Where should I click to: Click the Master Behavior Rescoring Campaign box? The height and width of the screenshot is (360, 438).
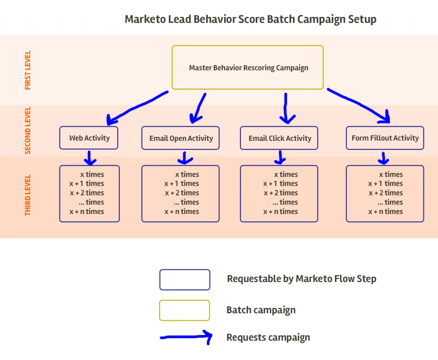[248, 68]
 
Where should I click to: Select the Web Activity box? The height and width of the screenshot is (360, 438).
[89, 138]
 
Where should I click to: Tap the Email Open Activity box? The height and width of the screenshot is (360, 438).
[181, 138]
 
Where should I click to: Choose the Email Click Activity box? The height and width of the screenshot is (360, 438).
[279, 138]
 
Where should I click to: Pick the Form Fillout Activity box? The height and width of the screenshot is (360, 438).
[385, 138]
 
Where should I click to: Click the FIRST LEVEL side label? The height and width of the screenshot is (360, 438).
[28, 70]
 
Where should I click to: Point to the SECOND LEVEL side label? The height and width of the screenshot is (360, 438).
[28, 130]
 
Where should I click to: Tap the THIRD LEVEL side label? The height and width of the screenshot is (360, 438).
[28, 195]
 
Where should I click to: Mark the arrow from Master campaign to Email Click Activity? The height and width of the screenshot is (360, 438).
[285, 107]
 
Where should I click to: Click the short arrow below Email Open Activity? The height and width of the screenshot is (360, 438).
[184, 158]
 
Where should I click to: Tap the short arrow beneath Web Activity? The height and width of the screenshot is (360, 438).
[89, 158]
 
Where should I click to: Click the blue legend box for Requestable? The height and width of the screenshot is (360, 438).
[185, 280]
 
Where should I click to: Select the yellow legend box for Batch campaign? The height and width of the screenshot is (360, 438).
[185, 310]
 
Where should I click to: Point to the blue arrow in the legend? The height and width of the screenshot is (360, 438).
[186, 337]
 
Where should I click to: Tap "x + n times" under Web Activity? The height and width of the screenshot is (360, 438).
[87, 211]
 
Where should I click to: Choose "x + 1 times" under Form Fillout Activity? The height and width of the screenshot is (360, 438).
[385, 184]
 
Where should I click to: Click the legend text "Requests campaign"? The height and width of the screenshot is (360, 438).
[268, 337]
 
